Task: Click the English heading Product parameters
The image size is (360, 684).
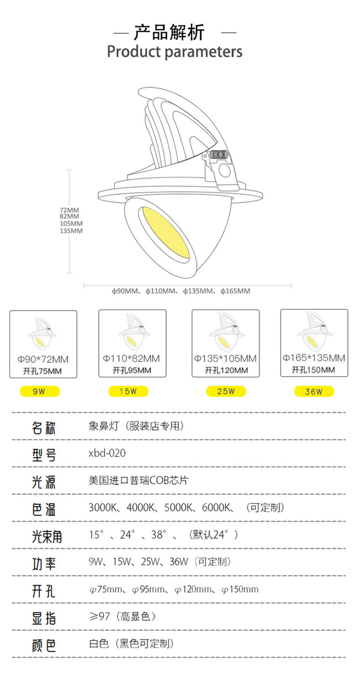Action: (x=175, y=52)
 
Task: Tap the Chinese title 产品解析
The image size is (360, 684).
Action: (x=169, y=33)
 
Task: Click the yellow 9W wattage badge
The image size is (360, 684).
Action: (x=40, y=391)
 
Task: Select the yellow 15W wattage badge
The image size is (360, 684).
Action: (x=128, y=391)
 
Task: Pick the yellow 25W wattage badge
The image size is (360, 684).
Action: (x=226, y=391)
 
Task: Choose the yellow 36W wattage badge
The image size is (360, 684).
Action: (x=314, y=391)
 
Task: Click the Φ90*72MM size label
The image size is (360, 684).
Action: (x=44, y=360)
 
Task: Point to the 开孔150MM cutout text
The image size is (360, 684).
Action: (x=314, y=370)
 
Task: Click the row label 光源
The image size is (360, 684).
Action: (x=44, y=482)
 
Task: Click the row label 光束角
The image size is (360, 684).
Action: (x=46, y=536)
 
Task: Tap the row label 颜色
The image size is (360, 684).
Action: (x=44, y=645)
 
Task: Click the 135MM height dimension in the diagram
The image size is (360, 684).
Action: (x=71, y=231)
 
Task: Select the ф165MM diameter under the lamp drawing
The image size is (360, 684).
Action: (x=235, y=291)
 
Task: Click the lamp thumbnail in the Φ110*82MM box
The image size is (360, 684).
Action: (x=132, y=334)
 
